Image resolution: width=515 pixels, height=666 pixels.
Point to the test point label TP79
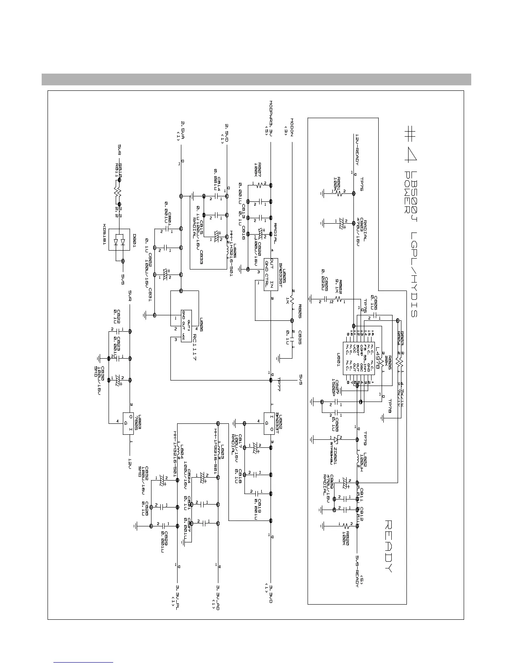(x=365, y=438)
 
